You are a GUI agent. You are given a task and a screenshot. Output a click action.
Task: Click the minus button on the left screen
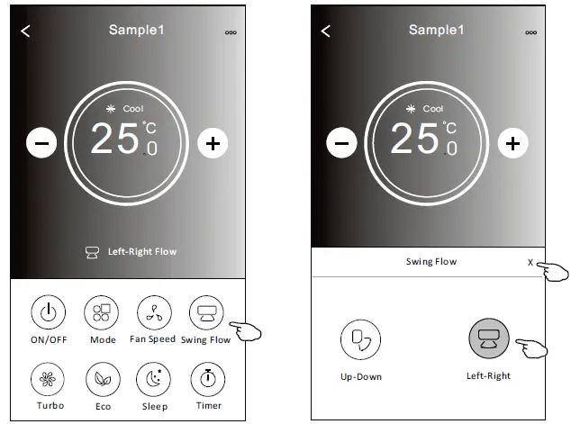[41, 142]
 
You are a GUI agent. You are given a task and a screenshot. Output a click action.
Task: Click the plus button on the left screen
[213, 142]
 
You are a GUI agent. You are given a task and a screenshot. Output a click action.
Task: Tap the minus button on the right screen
[340, 142]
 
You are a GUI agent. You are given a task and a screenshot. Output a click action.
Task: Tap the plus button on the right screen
[512, 142]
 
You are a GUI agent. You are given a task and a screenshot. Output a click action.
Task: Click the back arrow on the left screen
[25, 32]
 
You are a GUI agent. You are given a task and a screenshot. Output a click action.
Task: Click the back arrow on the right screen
[325, 32]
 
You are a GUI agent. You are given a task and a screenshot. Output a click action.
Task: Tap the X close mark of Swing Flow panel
[530, 262]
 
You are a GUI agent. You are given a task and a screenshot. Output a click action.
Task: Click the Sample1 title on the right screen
[436, 30]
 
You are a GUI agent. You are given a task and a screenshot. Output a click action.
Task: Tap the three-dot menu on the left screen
[231, 32]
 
